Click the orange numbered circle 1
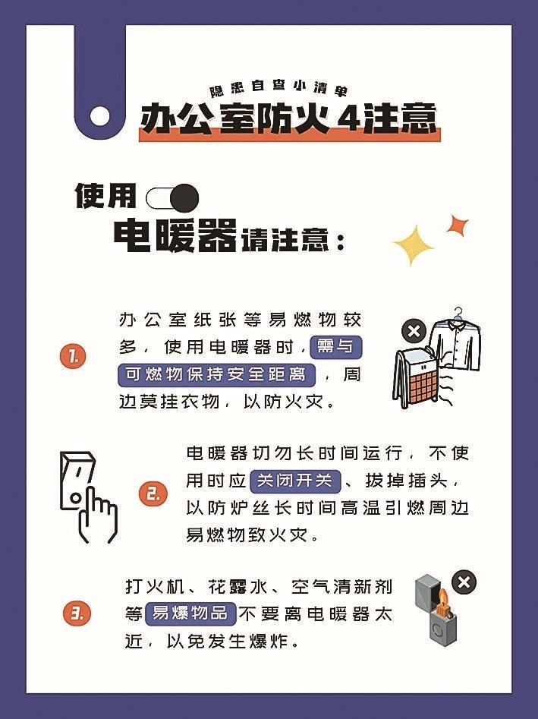[x=73, y=357]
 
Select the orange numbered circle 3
[x=77, y=613]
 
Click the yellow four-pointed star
[x=413, y=245]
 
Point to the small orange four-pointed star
[x=457, y=225]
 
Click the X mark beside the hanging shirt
[x=414, y=331]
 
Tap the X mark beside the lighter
[x=464, y=583]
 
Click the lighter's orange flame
[x=442, y=596]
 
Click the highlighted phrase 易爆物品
[x=190, y=613]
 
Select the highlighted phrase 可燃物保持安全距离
[x=216, y=374]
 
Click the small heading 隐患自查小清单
[x=278, y=88]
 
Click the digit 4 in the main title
[x=348, y=120]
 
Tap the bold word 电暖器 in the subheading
[x=175, y=235]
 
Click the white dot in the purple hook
[x=100, y=116]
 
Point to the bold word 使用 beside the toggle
[x=106, y=196]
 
